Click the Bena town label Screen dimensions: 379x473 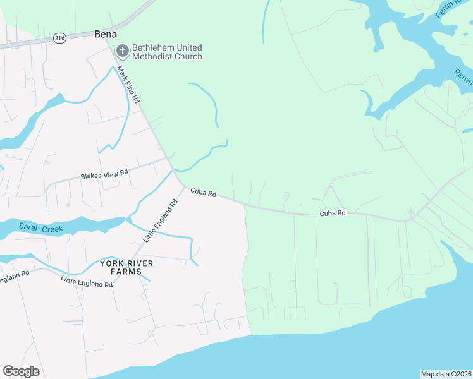[x=106, y=34]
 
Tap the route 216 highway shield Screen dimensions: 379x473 [x=60, y=39]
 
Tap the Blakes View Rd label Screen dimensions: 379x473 [x=104, y=174]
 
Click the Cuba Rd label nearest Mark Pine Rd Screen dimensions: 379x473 [x=204, y=191]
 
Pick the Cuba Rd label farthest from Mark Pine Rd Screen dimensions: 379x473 [x=333, y=214]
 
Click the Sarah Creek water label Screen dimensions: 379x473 [x=41, y=227]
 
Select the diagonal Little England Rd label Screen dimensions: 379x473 [x=162, y=220]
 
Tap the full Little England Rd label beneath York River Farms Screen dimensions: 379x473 [x=87, y=282]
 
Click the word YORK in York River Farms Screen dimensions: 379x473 [x=111, y=263]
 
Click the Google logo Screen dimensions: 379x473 [x=21, y=371]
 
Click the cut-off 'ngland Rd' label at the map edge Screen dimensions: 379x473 [x=15, y=276]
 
